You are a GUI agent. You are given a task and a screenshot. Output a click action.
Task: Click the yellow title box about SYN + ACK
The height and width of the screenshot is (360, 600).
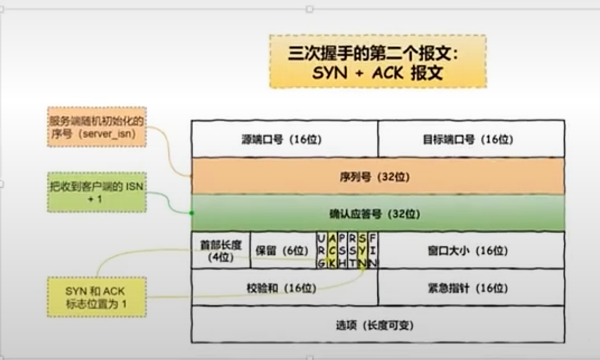click(x=377, y=61)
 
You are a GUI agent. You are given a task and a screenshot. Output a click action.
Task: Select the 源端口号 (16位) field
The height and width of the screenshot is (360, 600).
click(x=284, y=139)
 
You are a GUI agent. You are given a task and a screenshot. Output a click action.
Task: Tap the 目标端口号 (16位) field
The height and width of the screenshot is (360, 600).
click(x=471, y=139)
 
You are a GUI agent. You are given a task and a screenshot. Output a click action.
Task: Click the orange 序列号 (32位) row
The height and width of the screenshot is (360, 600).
click(x=377, y=176)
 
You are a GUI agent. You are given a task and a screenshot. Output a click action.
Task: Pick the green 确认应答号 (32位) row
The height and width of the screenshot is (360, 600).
click(x=377, y=214)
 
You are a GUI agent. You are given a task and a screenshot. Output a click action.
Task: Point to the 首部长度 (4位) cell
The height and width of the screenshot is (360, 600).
click(x=221, y=250)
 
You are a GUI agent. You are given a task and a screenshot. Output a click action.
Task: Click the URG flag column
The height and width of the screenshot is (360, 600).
click(x=321, y=250)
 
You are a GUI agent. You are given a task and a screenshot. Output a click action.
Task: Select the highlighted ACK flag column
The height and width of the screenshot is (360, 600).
click(x=332, y=250)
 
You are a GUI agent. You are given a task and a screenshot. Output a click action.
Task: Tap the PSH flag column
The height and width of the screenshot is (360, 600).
click(x=342, y=250)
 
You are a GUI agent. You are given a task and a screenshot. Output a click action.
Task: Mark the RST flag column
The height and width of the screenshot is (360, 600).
click(x=352, y=250)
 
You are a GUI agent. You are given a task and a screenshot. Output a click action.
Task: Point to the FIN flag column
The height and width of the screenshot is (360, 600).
click(x=373, y=250)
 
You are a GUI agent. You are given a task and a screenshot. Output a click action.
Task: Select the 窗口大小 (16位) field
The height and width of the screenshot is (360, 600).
click(x=471, y=250)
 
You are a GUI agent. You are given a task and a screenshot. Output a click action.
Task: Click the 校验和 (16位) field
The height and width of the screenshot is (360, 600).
click(x=284, y=288)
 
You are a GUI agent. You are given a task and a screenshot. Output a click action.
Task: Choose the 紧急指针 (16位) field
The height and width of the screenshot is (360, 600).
click(x=471, y=288)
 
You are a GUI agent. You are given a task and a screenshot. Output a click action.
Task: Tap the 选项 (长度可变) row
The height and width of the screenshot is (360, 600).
click(x=377, y=325)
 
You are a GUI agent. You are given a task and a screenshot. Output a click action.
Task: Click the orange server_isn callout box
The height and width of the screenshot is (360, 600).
click(x=97, y=127)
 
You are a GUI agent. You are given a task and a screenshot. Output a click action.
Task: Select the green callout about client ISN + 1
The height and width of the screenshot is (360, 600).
click(x=97, y=192)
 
